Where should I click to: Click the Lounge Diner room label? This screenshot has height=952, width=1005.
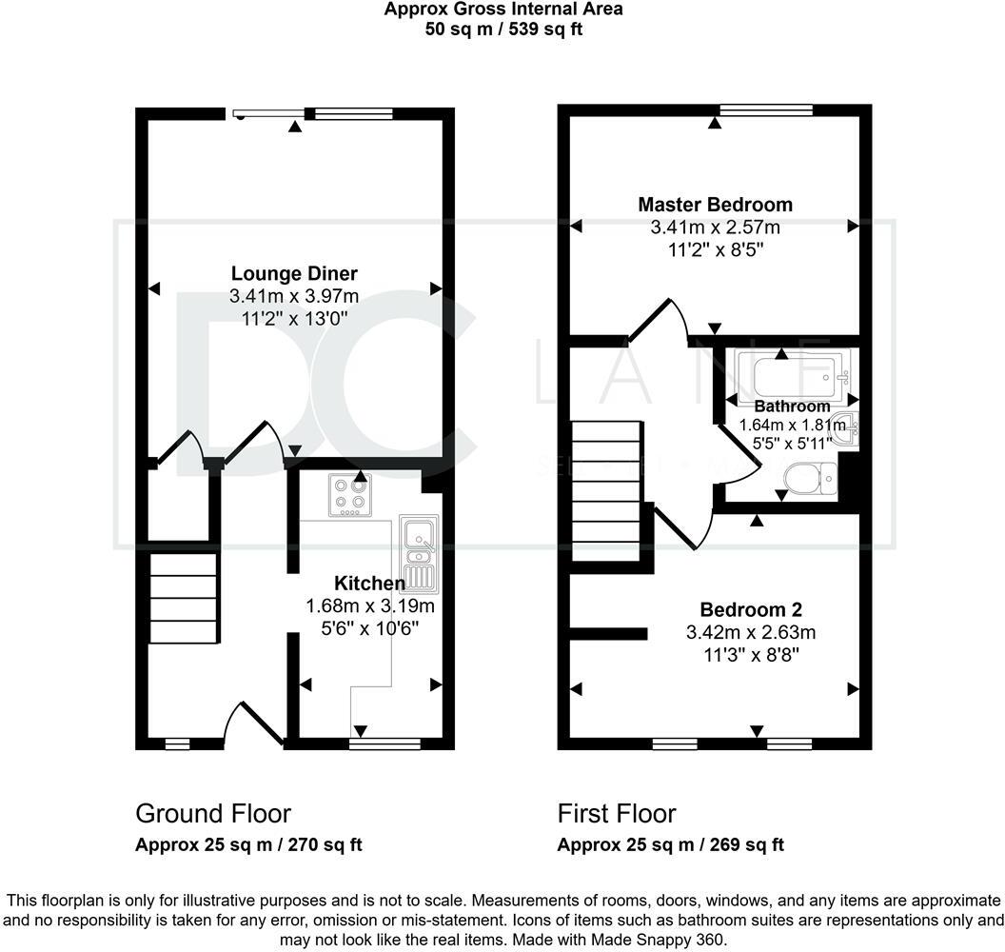294,274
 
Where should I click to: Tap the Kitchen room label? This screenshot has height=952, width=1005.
370,584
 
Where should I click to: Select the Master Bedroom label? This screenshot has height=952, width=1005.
716,205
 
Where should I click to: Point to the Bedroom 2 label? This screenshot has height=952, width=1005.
751,609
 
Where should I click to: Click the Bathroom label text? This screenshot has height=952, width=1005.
792,406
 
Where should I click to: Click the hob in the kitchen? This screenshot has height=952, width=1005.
350,494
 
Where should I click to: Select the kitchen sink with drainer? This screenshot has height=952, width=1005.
419,553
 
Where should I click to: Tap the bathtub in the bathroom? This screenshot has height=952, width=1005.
794,377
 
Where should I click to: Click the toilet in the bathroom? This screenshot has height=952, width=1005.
810,478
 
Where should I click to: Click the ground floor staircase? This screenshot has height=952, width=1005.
184,598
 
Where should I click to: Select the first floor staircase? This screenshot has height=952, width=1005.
606,491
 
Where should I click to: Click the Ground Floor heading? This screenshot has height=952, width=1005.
213,814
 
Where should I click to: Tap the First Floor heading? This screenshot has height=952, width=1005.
617,814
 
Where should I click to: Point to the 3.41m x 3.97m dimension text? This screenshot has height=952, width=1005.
294,296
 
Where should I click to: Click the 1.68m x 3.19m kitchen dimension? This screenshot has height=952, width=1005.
370,605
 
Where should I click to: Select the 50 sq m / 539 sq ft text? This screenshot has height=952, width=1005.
503,30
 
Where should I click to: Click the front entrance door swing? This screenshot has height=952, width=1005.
254,724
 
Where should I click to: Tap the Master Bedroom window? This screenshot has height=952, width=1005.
766,109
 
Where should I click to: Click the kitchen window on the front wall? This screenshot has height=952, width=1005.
385,744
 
